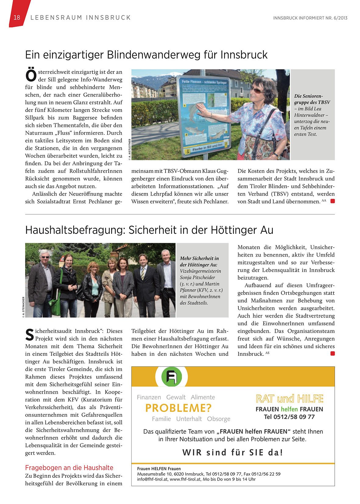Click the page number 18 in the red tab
click(x=17, y=18)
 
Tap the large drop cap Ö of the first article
click(x=31, y=76)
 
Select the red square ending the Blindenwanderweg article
click(x=333, y=201)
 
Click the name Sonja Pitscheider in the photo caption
click(x=197, y=277)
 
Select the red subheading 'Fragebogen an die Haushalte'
click(x=69, y=468)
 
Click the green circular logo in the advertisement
click(x=171, y=376)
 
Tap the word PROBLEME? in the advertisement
click(x=178, y=408)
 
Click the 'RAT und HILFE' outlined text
click(x=289, y=399)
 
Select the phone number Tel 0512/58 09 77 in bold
click(x=289, y=417)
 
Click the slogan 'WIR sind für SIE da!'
click(x=233, y=453)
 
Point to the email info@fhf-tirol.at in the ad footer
click(x=152, y=479)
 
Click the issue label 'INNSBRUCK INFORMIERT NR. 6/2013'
click(x=310, y=18)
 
